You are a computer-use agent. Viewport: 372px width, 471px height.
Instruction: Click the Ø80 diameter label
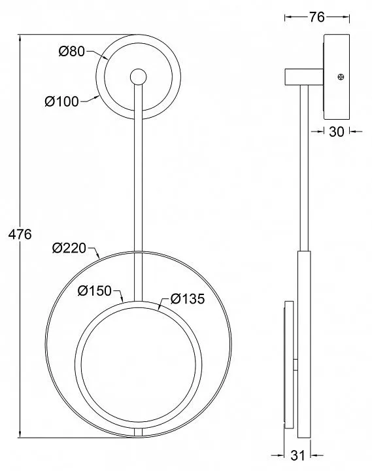coord(72,52)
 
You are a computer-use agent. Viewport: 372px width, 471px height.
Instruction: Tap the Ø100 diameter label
coord(62,101)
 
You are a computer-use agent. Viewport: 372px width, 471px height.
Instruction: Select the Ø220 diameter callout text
coord(69,248)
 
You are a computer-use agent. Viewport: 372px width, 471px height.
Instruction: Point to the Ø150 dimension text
coord(95,290)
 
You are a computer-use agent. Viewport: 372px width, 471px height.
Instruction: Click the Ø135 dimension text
coord(188,299)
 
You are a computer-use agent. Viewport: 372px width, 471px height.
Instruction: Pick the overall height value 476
coord(20,234)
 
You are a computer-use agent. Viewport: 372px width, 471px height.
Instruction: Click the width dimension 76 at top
coord(317,18)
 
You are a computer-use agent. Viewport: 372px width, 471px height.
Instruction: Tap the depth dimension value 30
coord(337,131)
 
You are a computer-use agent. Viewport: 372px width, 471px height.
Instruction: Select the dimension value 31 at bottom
coord(297,455)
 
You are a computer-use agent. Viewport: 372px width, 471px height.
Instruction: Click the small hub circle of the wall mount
coord(139,77)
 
